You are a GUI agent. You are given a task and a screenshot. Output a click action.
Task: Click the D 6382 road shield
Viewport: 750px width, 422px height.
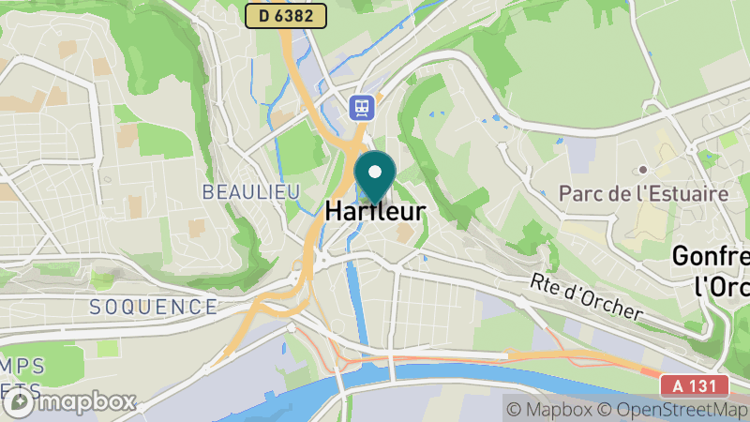click(x=286, y=15)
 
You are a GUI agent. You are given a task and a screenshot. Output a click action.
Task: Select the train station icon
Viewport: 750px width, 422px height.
click(x=361, y=107)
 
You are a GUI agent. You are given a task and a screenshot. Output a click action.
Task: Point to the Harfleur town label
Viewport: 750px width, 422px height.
click(x=375, y=213)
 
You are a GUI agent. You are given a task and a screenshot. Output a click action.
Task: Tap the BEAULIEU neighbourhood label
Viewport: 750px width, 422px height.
click(x=250, y=191)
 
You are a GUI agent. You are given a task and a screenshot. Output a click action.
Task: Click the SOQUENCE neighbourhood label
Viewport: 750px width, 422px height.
click(x=154, y=306)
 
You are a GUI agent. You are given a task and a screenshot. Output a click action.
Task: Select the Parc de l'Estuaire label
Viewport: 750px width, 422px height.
click(x=643, y=194)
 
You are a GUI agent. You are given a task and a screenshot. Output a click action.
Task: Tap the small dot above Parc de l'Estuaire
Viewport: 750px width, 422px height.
click(x=644, y=170)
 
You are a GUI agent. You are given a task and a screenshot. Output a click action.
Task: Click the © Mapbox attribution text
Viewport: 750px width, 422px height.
click(x=551, y=409)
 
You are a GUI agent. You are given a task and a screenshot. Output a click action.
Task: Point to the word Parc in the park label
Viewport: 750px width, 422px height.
click(x=578, y=194)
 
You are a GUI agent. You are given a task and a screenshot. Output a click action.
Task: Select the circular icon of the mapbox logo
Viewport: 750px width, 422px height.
click(x=20, y=403)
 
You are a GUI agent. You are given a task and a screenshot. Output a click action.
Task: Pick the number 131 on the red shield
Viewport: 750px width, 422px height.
click(x=705, y=385)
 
